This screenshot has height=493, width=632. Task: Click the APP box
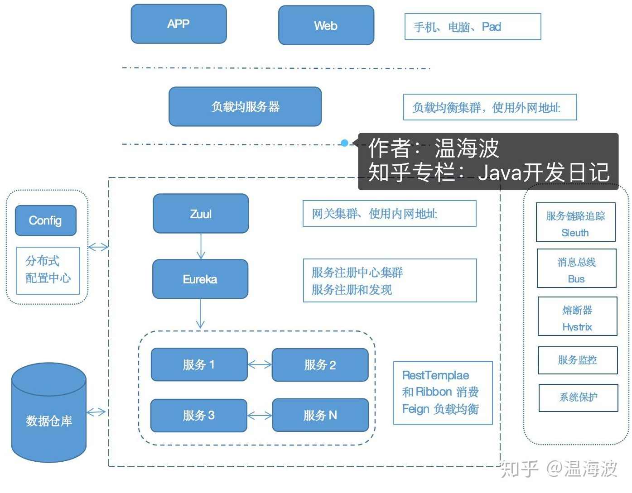(179, 24)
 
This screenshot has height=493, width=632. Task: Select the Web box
(326, 25)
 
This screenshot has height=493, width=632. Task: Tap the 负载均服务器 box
(245, 107)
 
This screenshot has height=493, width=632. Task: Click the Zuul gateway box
(201, 214)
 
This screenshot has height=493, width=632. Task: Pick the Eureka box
(200, 279)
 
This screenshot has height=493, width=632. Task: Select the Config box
(45, 220)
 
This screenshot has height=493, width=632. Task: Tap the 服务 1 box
(199, 364)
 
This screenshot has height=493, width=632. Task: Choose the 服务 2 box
(320, 365)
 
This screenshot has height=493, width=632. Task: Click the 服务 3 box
(198, 415)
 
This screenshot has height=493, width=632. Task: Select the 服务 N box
(320, 415)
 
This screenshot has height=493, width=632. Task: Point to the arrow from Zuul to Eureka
(201, 246)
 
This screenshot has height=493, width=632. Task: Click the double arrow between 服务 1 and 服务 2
(260, 364)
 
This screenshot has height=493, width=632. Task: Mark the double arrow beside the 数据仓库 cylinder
(96, 412)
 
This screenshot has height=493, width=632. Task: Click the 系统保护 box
(578, 397)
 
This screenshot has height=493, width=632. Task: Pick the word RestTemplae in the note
(435, 375)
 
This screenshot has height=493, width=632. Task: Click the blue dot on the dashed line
(344, 143)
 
